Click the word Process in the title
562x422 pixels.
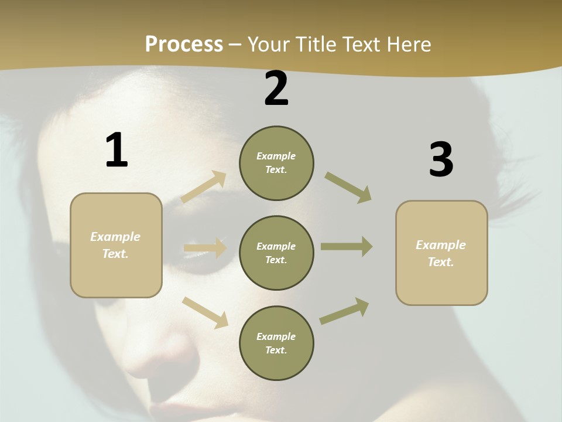point(184,45)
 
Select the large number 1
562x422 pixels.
point(116,150)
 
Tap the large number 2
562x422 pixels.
point(276,89)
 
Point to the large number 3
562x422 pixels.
point(441,160)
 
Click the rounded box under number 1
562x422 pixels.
point(116,245)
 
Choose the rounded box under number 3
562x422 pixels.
point(441,253)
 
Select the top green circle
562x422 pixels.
point(276,163)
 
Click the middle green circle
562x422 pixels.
point(276,253)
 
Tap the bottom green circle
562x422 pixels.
point(276,343)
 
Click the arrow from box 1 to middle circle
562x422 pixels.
point(205,248)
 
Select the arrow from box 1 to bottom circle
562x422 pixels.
point(205,312)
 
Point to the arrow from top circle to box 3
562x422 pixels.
point(348,187)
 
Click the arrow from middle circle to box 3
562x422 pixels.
point(347,247)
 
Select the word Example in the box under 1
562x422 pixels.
point(115,237)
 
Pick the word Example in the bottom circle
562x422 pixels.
point(276,336)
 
